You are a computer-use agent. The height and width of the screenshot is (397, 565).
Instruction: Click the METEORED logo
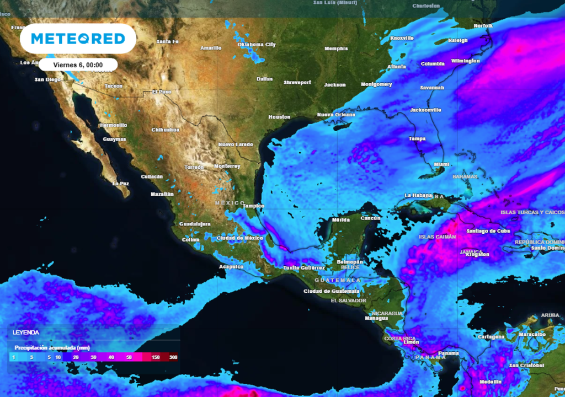78,39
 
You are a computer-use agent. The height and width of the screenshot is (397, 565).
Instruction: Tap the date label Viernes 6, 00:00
78,65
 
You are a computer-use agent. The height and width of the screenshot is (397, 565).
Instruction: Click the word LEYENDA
26,333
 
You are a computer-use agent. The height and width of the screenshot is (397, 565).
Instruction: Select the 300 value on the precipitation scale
174,357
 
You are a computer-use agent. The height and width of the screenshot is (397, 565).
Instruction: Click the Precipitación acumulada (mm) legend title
52,348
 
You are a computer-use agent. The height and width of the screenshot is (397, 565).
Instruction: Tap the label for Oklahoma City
256,45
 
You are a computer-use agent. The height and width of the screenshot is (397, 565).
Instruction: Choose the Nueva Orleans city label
336,115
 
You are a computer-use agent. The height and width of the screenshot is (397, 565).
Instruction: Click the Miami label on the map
441,164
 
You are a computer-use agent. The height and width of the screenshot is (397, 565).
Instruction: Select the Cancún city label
370,218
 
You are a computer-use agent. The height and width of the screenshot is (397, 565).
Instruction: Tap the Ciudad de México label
240,238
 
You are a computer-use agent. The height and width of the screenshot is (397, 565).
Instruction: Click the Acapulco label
232,267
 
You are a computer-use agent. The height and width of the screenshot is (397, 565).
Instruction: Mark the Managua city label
376,318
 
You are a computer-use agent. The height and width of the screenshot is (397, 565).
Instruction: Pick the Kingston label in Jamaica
477,255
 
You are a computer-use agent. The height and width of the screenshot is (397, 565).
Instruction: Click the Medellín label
491,382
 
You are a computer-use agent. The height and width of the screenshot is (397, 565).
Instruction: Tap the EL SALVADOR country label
348,301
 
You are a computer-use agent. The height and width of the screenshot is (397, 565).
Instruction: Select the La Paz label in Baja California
121,183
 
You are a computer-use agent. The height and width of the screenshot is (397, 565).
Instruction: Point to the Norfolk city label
483,26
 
